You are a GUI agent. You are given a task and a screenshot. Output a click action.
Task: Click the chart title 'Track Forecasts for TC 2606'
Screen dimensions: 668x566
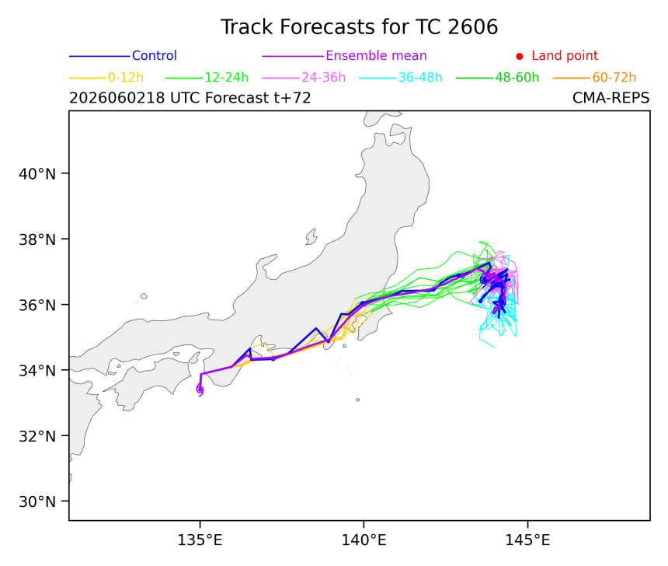(x=359, y=27)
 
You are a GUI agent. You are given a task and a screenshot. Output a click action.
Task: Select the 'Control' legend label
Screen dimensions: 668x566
(x=155, y=55)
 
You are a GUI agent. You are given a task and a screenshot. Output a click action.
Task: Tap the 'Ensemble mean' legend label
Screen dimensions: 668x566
(x=376, y=55)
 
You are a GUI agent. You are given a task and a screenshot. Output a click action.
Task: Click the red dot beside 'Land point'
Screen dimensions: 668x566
(x=520, y=56)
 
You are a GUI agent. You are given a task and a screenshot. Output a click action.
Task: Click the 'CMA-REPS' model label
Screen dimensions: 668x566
(x=611, y=98)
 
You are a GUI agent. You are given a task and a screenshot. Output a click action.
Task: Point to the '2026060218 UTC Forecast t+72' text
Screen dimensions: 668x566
(x=190, y=98)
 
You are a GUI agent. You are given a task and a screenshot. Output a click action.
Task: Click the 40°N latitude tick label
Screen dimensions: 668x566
(x=37, y=174)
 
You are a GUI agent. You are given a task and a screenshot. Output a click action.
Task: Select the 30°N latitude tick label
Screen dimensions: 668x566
(x=37, y=501)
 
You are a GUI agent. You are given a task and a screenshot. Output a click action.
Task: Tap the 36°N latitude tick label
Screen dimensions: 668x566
(x=37, y=305)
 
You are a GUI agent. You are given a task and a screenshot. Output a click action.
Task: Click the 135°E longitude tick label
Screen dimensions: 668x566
(x=200, y=540)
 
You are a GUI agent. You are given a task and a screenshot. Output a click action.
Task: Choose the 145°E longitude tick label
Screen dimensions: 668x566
(x=528, y=540)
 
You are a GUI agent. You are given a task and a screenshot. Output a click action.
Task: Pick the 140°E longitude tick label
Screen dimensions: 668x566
(x=364, y=540)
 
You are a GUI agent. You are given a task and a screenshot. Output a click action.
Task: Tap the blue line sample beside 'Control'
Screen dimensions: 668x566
(x=99, y=56)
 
